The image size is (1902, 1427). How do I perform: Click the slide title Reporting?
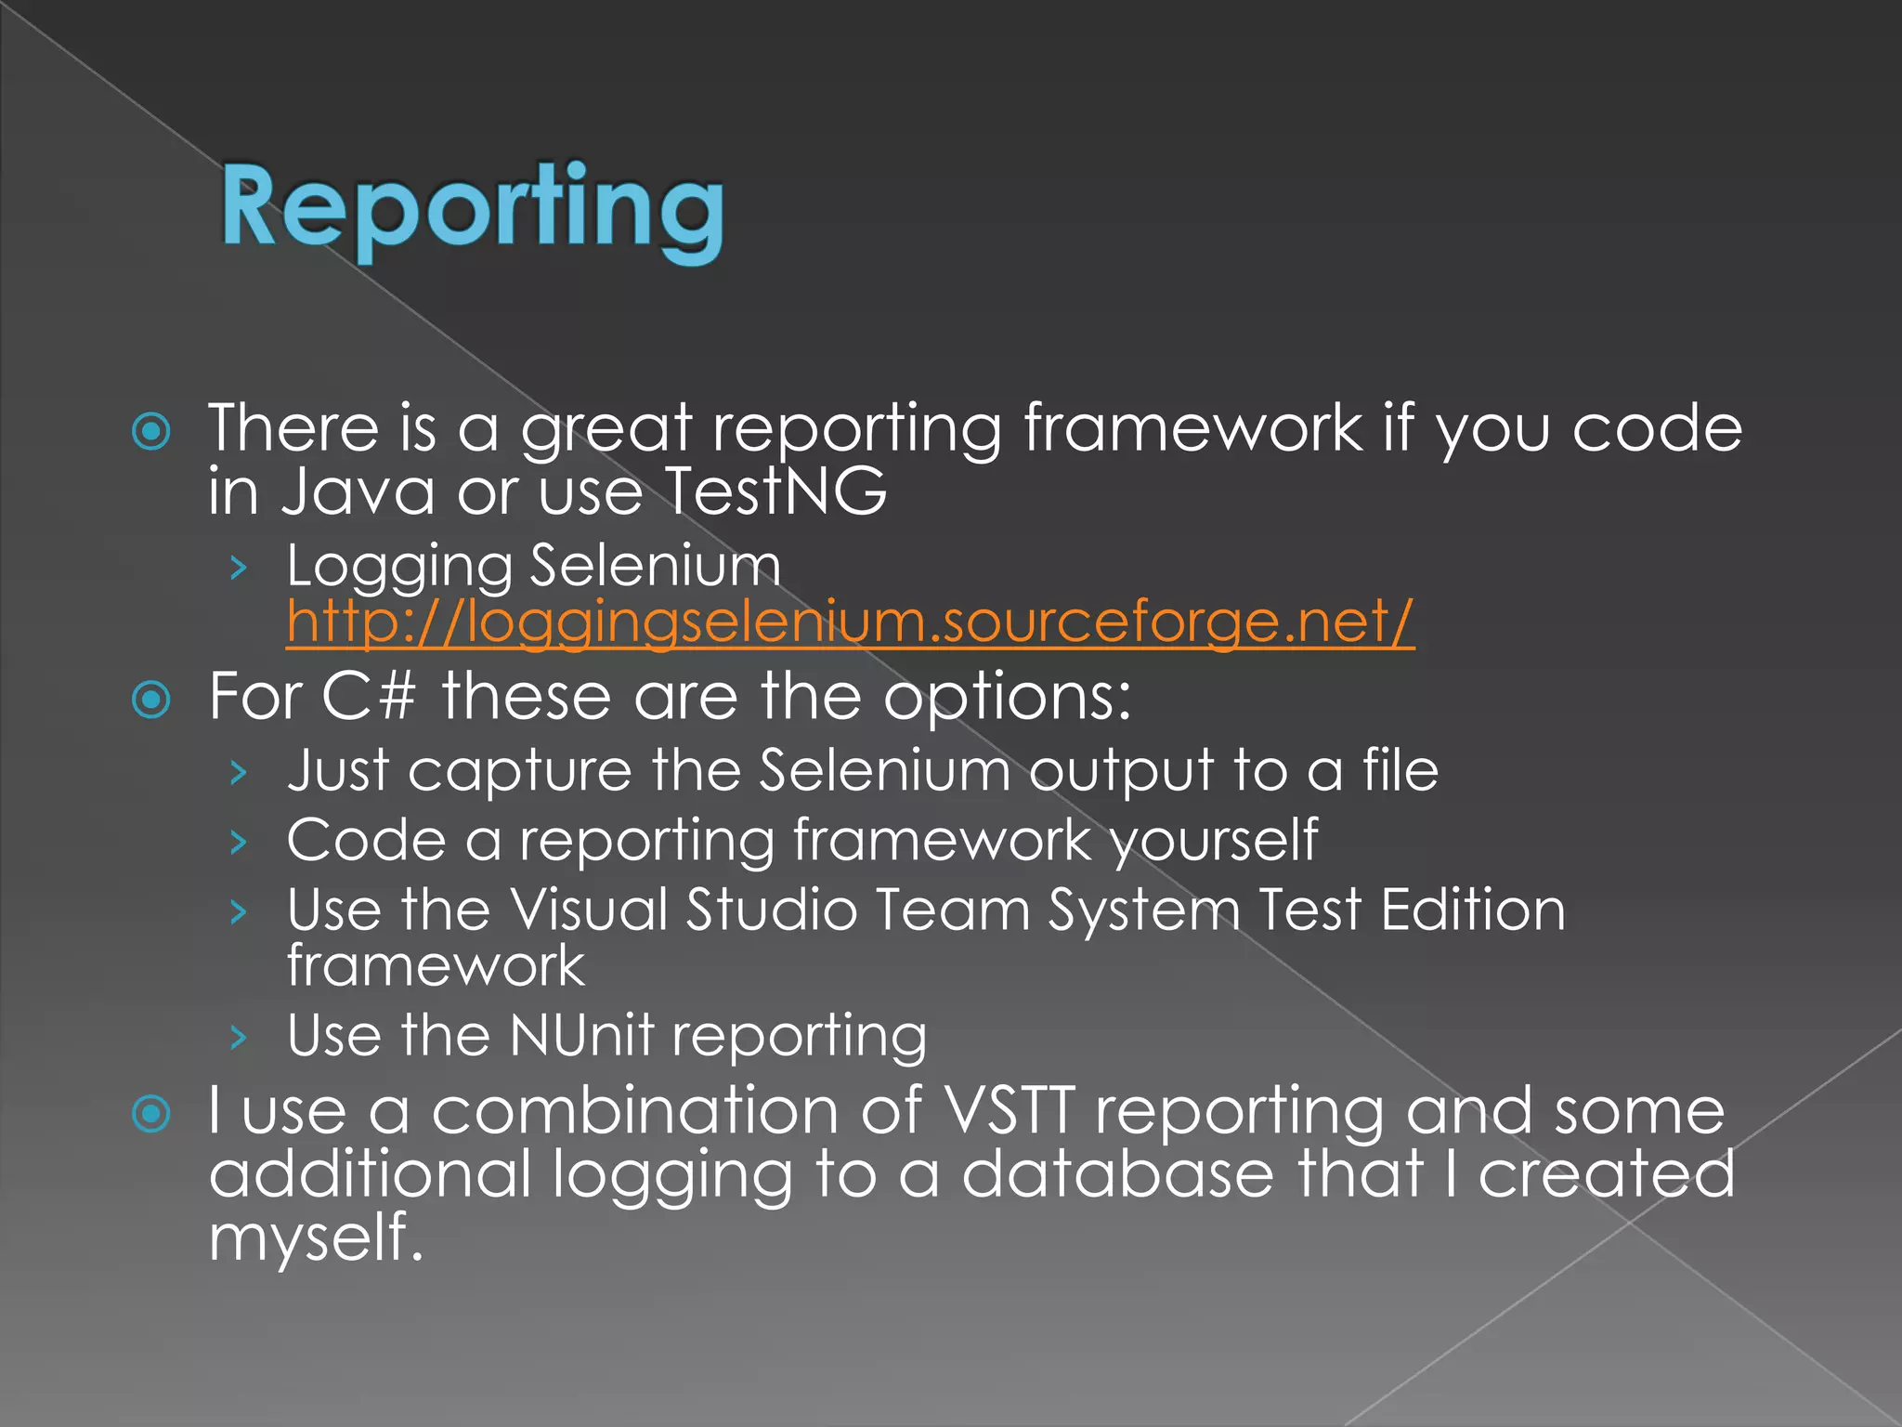(472, 209)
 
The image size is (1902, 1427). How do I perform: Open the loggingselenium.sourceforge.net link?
(850, 621)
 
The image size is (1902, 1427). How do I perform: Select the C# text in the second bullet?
(368, 696)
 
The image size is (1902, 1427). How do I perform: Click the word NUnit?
(581, 1035)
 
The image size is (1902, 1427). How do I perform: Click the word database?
(1117, 1173)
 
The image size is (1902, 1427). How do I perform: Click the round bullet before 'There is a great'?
(151, 431)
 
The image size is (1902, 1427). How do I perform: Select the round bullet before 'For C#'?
(151, 700)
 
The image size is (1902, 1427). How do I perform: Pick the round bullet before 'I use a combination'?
(151, 1114)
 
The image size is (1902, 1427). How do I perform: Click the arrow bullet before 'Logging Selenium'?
(239, 567)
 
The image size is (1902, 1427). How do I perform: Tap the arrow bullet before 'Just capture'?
(239, 772)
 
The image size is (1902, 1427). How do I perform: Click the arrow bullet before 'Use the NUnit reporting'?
(239, 1037)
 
